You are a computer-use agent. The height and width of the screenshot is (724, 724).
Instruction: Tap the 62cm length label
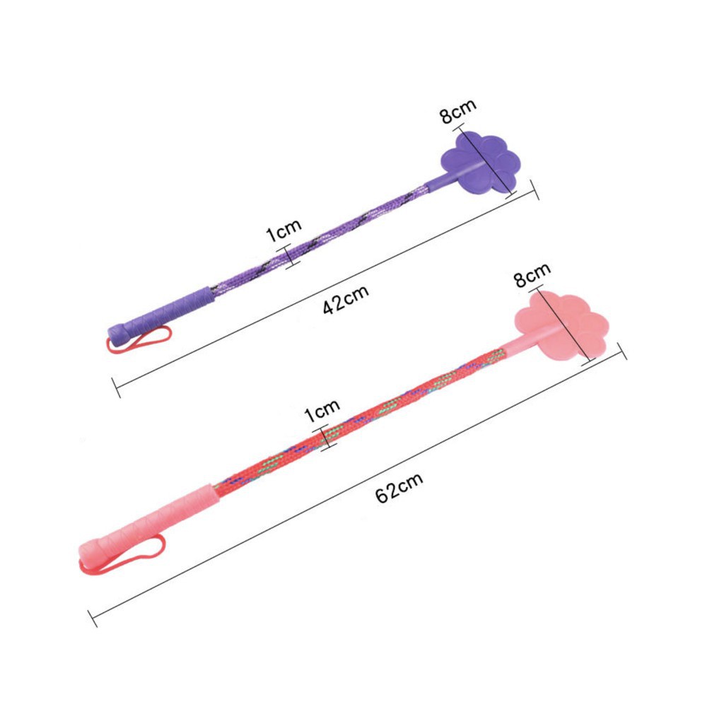coord(399,488)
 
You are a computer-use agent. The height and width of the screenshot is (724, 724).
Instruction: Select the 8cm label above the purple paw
coord(457,111)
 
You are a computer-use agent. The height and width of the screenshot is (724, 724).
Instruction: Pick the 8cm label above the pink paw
coord(532,275)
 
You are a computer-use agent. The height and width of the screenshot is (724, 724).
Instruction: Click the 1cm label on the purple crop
coord(284,230)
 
